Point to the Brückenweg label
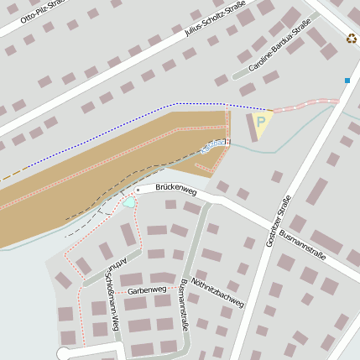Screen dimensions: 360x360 pyautogui.click(x=175, y=191)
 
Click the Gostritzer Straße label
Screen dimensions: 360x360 pyautogui.click(x=271, y=221)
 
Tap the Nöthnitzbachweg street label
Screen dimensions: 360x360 pyautogui.click(x=217, y=292)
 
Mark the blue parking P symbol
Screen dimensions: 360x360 pyautogui.click(x=261, y=123)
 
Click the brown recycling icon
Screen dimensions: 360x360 pyautogui.click(x=352, y=38)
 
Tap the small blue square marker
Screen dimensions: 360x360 pyautogui.click(x=347, y=81)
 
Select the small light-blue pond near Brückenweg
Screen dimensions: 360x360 pyautogui.click(x=129, y=201)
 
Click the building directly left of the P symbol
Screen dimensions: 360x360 pyautogui.click(x=250, y=128)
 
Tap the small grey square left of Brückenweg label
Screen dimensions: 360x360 pyautogui.click(x=138, y=190)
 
